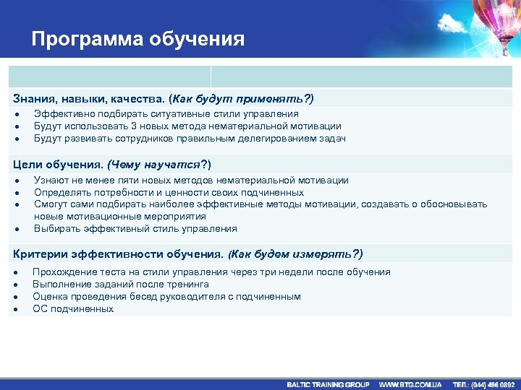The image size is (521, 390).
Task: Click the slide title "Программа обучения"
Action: pos(137,38)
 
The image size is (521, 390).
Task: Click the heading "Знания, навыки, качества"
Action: pos(88,98)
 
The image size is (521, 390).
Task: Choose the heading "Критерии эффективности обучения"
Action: pos(119,254)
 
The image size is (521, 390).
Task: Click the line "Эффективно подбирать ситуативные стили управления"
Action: pos(166,114)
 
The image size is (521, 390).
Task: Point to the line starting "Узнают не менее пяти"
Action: pos(191,181)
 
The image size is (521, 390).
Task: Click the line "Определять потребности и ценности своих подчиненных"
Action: pos(169,193)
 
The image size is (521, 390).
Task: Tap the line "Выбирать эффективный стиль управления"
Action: pos(135,229)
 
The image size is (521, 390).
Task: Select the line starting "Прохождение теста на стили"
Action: pos(211,272)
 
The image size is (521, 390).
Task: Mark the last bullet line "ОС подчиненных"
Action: pos(73,309)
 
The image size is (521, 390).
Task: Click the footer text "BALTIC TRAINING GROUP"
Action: pos(328,384)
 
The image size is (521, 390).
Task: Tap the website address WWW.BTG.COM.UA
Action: pos(410,384)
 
